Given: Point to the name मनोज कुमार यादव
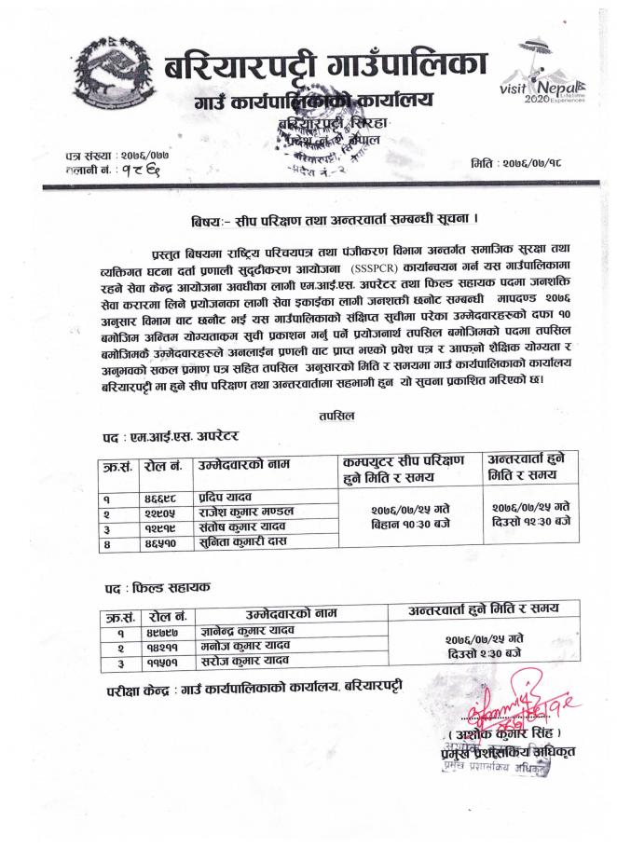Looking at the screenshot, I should (240, 646).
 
